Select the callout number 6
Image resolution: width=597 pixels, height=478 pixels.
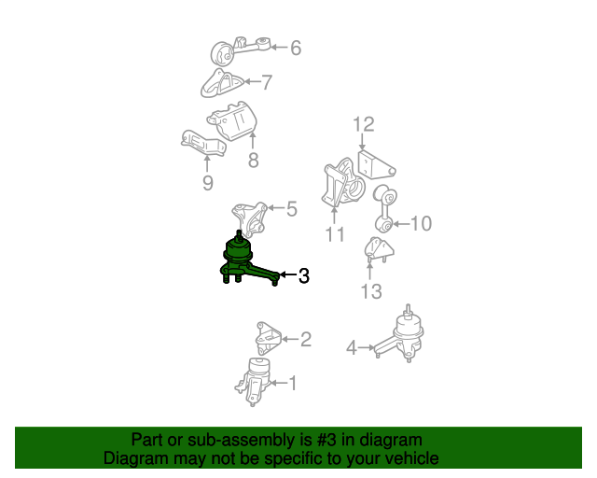point(296,48)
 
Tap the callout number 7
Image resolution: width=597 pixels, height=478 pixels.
point(268,82)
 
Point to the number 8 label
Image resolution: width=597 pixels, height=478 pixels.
point(253,160)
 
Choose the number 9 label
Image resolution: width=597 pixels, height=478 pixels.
point(207,183)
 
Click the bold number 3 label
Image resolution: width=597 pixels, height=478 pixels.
point(304,275)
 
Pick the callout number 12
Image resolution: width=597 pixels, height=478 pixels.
point(364,124)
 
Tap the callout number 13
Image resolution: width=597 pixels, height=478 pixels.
point(371,291)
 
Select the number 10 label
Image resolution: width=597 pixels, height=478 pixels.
point(421,223)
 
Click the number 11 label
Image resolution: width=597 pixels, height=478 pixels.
point(335,234)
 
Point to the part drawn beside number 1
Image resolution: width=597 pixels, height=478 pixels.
point(252,382)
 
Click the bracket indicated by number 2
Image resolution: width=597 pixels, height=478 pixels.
point(268,339)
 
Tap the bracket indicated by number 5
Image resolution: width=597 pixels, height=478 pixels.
point(249,219)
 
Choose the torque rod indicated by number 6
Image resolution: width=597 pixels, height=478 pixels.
point(240,50)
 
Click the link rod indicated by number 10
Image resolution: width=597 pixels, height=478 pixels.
point(385,209)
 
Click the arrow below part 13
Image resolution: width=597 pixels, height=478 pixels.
point(369,271)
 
